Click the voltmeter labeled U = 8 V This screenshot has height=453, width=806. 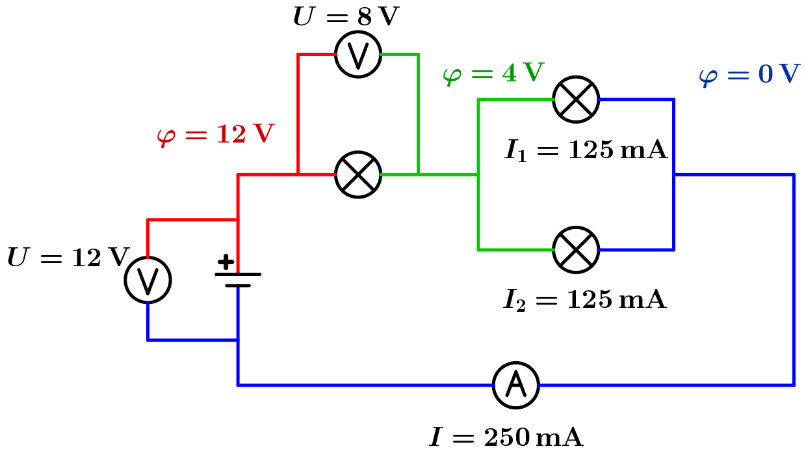tap(358, 55)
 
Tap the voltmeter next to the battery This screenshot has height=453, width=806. tap(148, 280)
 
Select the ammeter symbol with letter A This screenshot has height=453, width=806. tap(516, 385)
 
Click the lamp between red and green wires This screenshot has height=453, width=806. tap(358, 175)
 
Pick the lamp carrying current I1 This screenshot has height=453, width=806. tap(576, 100)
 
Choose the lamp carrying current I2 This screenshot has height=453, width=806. tap(576, 250)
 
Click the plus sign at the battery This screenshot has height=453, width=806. tap(226, 262)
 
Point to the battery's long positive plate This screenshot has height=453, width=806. tap(238, 274)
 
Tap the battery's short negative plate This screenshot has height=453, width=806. tap(238, 285)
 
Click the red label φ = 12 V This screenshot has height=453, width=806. tap(215, 135)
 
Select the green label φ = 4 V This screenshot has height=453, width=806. tap(493, 73)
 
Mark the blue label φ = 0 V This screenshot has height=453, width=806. tap(749, 74)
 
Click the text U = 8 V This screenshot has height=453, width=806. tap(345, 17)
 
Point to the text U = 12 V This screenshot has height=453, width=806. tap(68, 258)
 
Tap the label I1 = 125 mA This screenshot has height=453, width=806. tap(586, 150)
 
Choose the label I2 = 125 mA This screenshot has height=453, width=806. tap(585, 300)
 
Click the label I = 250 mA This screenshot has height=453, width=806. tap(506, 437)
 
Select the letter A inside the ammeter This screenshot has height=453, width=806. tap(516, 385)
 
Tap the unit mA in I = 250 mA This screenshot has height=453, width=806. tap(564, 437)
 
